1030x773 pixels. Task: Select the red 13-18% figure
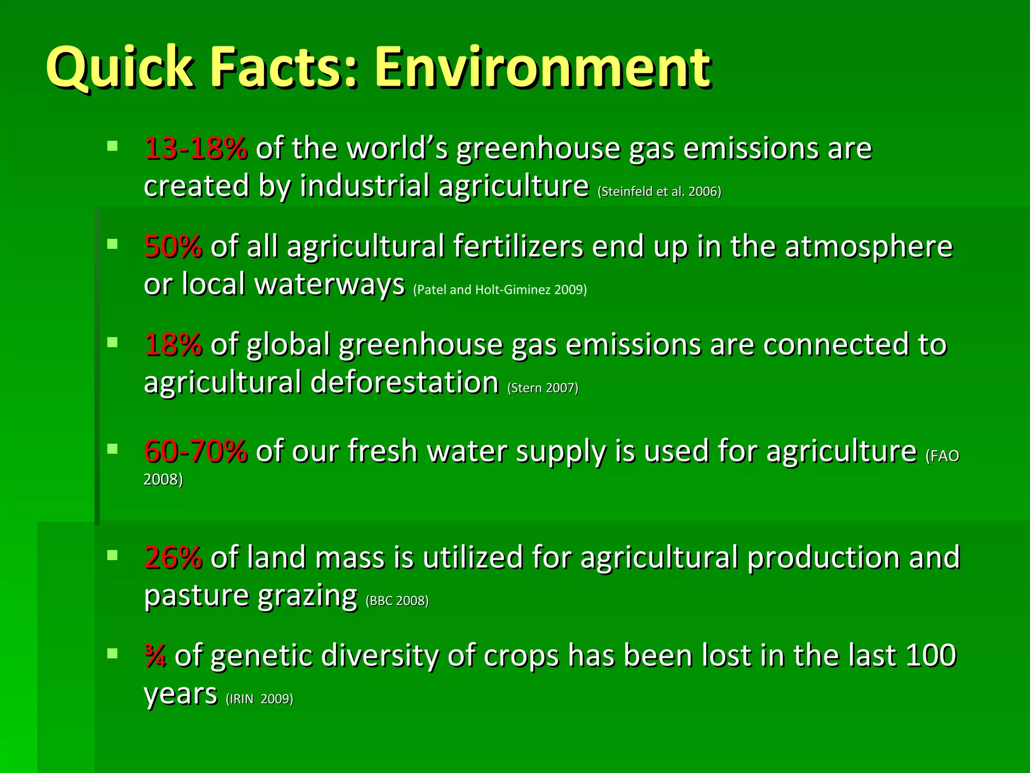[195, 149]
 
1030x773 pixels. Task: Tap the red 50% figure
[173, 247]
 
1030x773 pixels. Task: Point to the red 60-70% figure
[195, 451]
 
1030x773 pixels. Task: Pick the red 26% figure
[173, 558]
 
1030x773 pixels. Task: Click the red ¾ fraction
[155, 656]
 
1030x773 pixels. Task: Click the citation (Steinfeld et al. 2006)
[659, 192]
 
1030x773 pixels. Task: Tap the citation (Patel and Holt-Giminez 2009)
[500, 290]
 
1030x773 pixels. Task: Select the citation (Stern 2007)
[543, 388]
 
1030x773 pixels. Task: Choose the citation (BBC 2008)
[397, 601]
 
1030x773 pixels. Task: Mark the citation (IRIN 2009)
[260, 699]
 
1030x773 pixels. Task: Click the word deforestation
[404, 382]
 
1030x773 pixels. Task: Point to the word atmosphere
[869, 247]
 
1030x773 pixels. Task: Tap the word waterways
[330, 284]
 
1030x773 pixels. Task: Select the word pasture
[196, 596]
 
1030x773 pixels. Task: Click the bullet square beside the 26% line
[112, 555]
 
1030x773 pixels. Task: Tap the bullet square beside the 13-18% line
[112, 146]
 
